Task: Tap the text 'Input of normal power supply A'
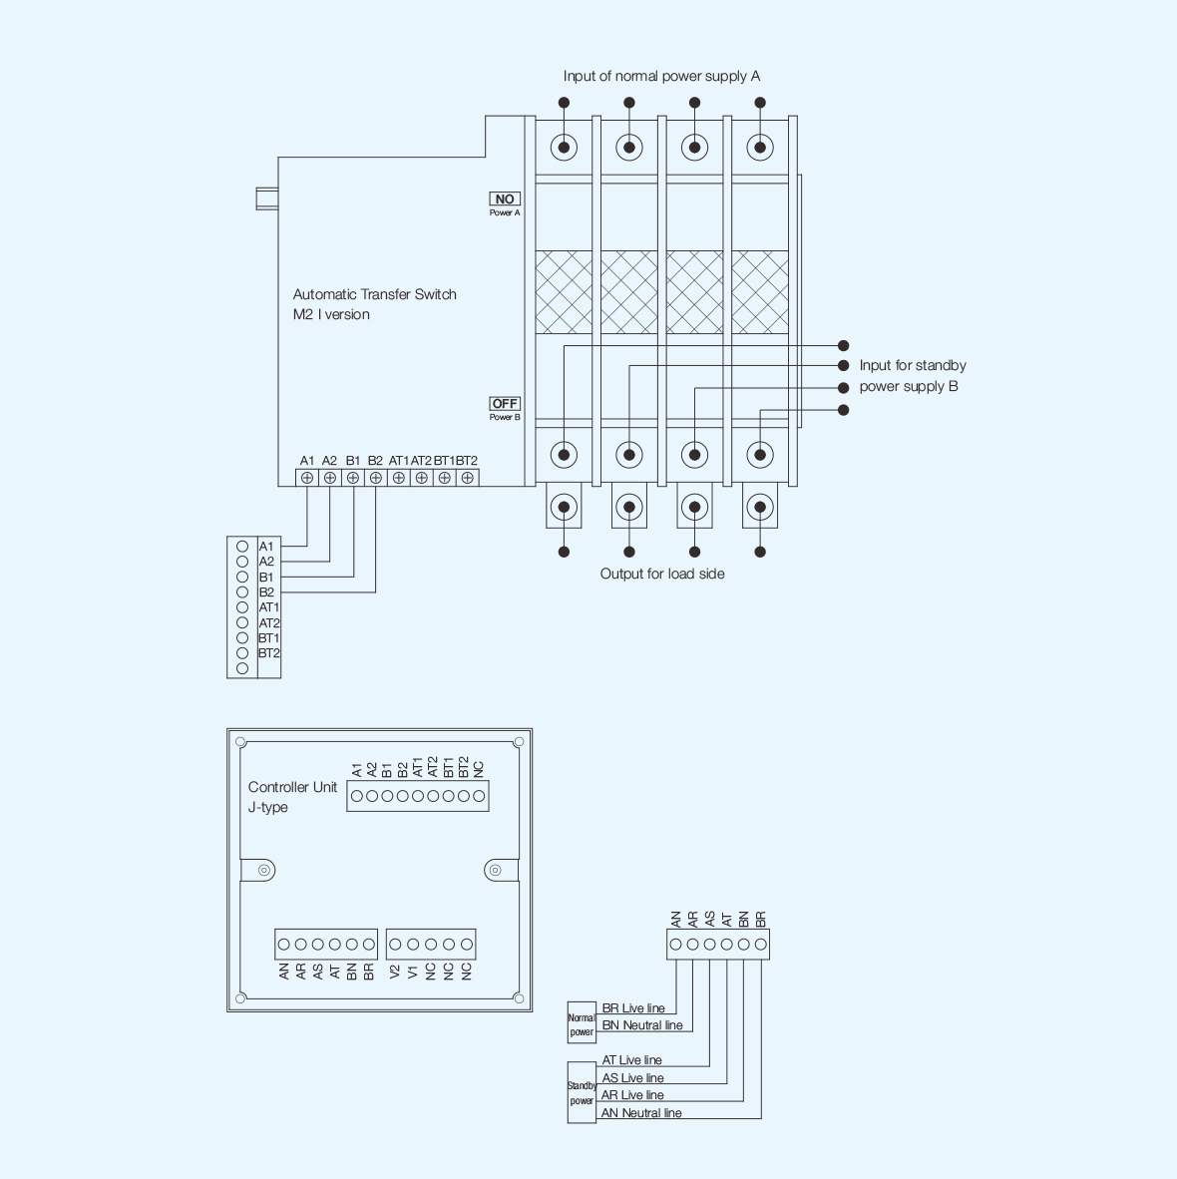(x=661, y=76)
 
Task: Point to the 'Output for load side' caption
(x=662, y=574)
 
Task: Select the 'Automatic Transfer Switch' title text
(x=374, y=294)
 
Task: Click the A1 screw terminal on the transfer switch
(x=307, y=478)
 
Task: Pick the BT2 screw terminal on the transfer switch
(x=467, y=478)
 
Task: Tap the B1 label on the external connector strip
(x=267, y=578)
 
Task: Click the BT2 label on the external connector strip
(x=269, y=653)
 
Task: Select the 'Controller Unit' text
(x=292, y=787)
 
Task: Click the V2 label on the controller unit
(x=396, y=970)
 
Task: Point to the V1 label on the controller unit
(x=413, y=970)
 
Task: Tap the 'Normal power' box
(x=582, y=1025)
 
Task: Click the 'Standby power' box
(x=582, y=1093)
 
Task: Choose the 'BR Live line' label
(x=633, y=1008)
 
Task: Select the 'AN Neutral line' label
(x=641, y=1113)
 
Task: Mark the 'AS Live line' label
(x=633, y=1078)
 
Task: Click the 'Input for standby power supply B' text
(x=912, y=376)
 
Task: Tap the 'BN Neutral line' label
(x=642, y=1025)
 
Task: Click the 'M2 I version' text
(x=331, y=314)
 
